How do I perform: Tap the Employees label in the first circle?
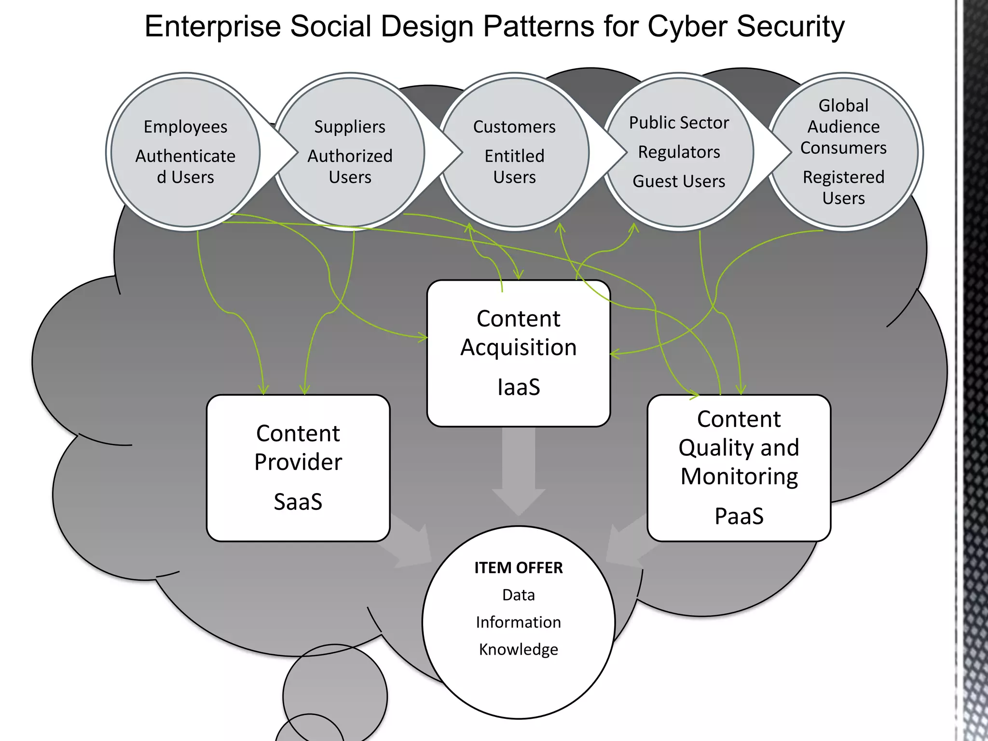click(x=185, y=127)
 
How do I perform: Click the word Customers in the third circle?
click(x=514, y=127)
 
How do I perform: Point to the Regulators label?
click(x=679, y=152)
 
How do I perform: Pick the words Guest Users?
click(x=679, y=181)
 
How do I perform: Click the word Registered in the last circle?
click(x=843, y=177)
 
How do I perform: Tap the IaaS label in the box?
click(x=519, y=387)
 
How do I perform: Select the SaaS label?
click(x=298, y=502)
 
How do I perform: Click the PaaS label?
click(x=739, y=516)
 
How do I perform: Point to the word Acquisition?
click(x=519, y=347)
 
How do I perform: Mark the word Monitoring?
click(x=739, y=477)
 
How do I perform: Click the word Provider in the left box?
click(x=298, y=462)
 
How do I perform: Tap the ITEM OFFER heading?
click(x=519, y=568)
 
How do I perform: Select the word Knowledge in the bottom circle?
click(x=519, y=649)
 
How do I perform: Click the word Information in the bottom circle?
click(x=519, y=622)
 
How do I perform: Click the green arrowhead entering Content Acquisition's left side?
click(x=423, y=337)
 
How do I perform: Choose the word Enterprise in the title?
click(x=213, y=26)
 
